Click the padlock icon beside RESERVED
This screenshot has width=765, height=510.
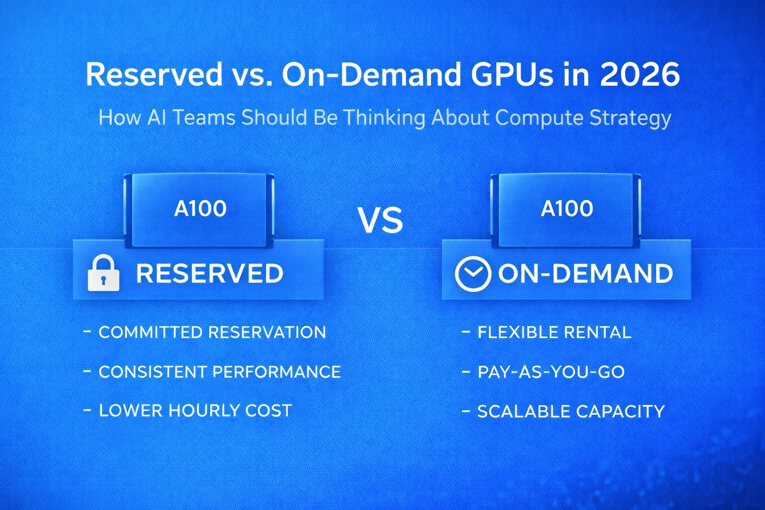[104, 273]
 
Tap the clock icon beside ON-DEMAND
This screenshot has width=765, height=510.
[472, 273]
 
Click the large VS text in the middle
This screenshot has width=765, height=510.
[381, 221]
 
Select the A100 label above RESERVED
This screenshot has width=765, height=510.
[200, 209]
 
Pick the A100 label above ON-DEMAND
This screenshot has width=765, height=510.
[567, 209]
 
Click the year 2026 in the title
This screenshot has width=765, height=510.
[639, 74]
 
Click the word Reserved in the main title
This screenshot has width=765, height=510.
[154, 74]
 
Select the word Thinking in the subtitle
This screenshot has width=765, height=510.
[384, 118]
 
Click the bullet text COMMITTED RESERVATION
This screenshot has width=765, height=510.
[212, 332]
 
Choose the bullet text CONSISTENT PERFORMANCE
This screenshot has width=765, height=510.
[220, 372]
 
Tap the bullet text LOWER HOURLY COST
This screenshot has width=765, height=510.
[195, 410]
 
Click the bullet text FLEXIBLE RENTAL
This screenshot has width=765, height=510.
[554, 332]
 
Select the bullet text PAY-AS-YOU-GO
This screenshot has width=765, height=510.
[551, 372]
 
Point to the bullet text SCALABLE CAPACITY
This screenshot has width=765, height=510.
[571, 411]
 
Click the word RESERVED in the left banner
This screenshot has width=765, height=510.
[210, 273]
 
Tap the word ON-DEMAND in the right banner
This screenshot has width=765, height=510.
[585, 273]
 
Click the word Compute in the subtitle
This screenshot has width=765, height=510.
[539, 118]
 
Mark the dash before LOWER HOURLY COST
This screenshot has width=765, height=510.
[87, 410]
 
